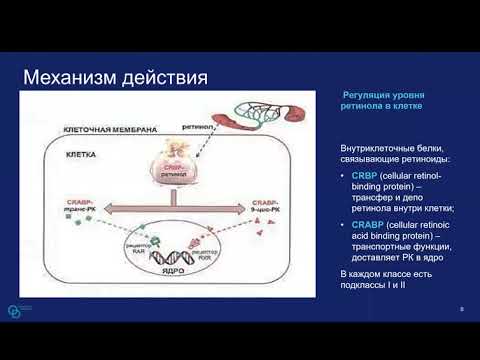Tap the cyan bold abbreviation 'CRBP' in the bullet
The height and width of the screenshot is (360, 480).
(x=363, y=175)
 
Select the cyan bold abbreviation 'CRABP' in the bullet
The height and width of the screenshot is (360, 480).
(x=366, y=225)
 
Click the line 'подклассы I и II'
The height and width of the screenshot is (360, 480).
(x=376, y=285)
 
